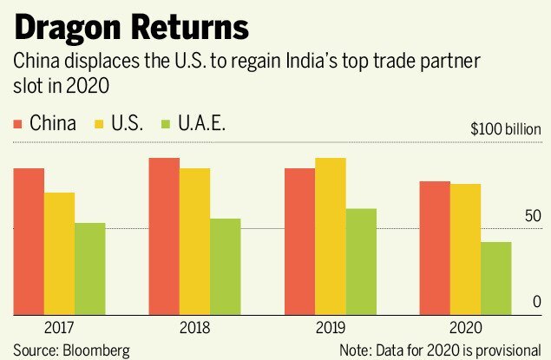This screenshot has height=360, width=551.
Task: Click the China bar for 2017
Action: (x=29, y=242)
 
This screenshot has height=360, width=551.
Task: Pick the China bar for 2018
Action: (x=164, y=237)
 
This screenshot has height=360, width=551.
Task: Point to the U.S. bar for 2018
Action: (x=194, y=242)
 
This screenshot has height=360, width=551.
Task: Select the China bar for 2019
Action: (x=300, y=242)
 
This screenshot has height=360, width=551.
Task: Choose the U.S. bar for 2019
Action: (x=331, y=237)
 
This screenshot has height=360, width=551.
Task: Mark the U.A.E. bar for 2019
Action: (x=361, y=262)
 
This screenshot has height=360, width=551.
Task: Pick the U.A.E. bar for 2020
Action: (x=496, y=278)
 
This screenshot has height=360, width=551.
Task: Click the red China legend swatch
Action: (x=16, y=123)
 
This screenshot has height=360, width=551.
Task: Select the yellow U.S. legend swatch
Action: (x=99, y=123)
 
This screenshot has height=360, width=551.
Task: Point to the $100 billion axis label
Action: (x=506, y=129)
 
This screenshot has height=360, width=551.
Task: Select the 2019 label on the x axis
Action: (x=331, y=329)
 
